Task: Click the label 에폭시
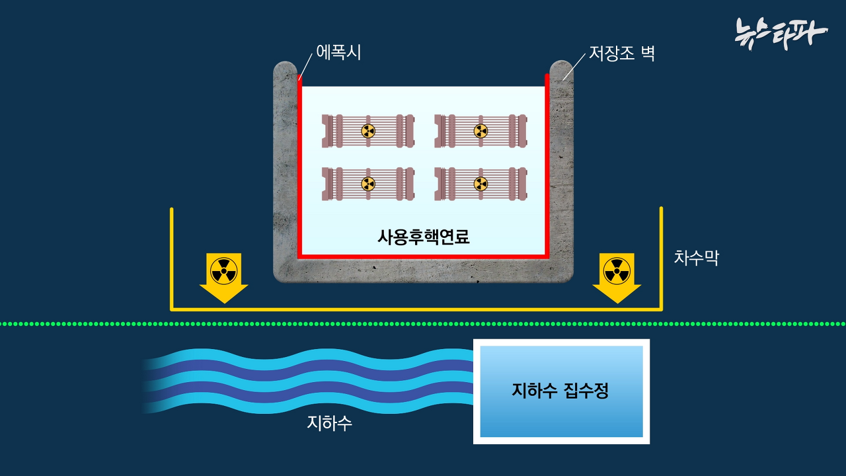point(338,52)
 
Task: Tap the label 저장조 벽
point(621,54)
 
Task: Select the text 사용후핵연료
point(423,237)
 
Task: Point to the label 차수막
point(696,258)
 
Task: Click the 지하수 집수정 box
point(561,391)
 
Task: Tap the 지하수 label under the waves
point(329,423)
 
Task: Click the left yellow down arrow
point(224,278)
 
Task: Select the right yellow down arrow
point(617,278)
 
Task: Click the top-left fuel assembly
point(368,131)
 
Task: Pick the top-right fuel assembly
point(481,131)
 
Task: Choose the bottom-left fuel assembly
point(368,183)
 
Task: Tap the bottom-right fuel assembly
point(481,183)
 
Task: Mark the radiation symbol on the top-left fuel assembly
point(368,131)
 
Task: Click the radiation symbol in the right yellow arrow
point(617,270)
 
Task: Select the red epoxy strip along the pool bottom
point(423,255)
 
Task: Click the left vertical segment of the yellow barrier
point(172,258)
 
